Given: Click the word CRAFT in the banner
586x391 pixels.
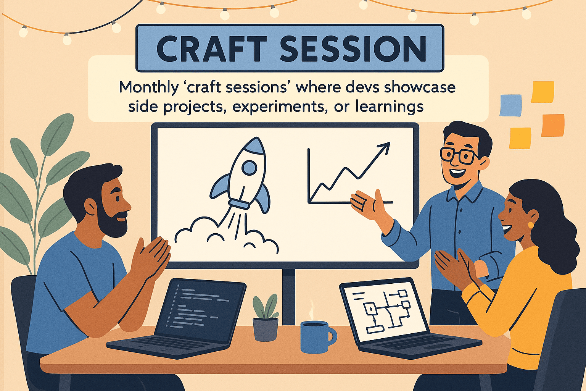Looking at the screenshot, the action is tap(212, 48).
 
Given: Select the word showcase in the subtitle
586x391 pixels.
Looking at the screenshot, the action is tap(420, 87).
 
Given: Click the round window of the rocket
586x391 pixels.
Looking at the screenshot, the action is tap(249, 168).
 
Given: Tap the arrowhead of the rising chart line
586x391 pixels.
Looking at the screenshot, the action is tap(384, 147).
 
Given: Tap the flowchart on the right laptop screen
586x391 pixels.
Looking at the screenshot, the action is tap(386, 310).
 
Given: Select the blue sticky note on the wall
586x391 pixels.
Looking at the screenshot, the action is tap(510, 105).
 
